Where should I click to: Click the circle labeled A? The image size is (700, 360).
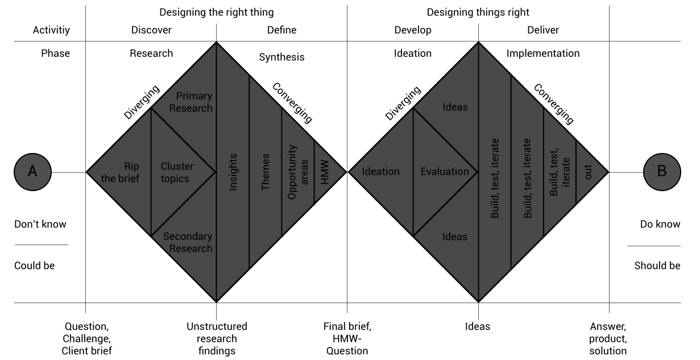[x=33, y=172]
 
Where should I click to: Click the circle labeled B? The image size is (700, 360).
[x=662, y=172]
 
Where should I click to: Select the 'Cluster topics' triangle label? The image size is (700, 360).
[x=177, y=172]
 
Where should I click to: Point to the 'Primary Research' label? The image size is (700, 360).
[x=194, y=102]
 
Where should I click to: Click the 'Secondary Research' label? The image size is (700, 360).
[x=188, y=242]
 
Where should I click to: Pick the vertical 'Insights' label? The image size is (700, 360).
[x=233, y=171]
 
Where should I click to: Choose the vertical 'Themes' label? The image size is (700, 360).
[x=266, y=171]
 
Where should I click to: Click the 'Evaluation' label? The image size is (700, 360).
[x=445, y=172]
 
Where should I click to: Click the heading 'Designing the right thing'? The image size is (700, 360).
[x=216, y=12]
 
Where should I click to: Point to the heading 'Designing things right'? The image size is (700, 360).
[x=478, y=12]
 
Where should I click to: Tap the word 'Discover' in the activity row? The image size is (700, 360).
[x=151, y=30]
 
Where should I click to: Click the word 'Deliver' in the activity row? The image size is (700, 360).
[x=543, y=30]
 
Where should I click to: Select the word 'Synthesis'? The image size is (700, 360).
[x=281, y=57]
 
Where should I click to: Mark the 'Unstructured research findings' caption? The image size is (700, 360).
[x=217, y=338]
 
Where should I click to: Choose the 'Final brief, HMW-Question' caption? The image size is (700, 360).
[x=347, y=338]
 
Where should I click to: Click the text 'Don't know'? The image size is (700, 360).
[x=40, y=224]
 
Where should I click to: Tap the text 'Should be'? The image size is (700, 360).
[x=657, y=266]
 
